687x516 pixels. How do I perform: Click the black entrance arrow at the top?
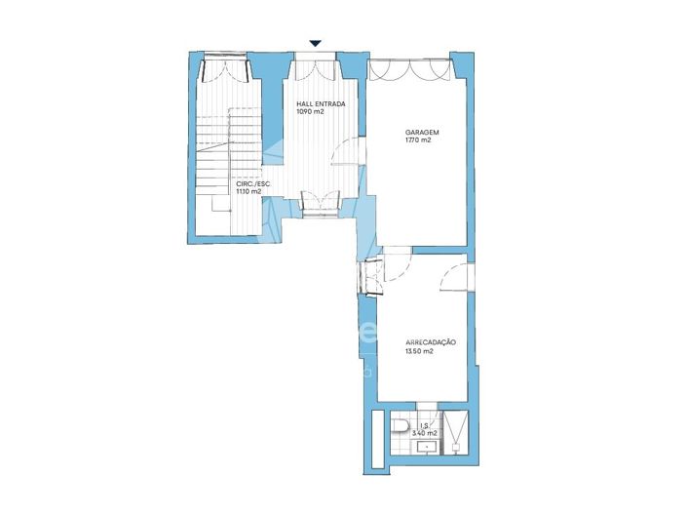point(315,43)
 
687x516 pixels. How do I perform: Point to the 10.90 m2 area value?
point(310,112)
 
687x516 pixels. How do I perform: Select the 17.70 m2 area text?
point(418,140)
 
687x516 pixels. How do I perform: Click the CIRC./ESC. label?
point(252,183)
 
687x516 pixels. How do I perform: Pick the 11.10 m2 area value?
point(248,192)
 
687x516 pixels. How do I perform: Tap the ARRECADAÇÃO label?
point(431,342)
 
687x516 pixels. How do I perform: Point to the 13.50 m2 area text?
point(419,351)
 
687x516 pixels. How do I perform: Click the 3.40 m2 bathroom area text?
point(425,433)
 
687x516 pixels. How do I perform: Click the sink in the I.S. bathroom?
point(427,447)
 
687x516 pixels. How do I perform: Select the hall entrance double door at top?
point(316,71)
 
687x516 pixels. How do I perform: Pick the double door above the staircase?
point(225,70)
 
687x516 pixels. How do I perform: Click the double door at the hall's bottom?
point(319,201)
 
